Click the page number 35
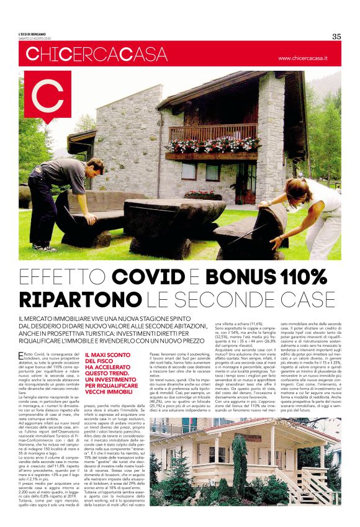click(336, 36)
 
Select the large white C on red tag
click(47, 99)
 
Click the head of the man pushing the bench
click(92, 166)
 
